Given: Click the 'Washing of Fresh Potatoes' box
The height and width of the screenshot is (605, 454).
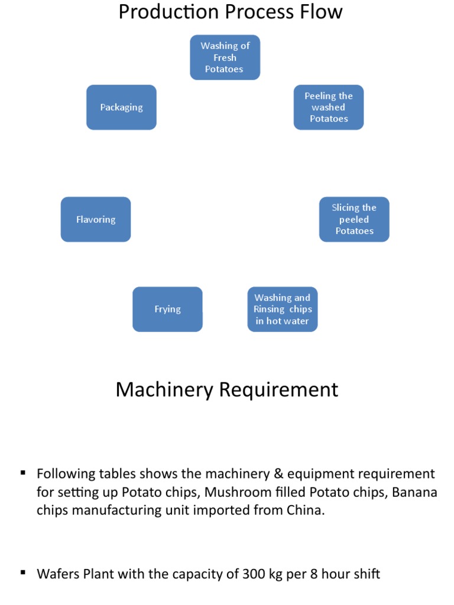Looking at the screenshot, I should (x=225, y=57).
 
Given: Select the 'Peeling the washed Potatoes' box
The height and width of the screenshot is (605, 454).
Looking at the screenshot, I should (x=329, y=108).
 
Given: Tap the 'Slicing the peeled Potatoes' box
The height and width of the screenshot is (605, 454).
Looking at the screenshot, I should (x=354, y=219).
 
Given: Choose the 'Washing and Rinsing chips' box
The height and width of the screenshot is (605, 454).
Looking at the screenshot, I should (x=282, y=310).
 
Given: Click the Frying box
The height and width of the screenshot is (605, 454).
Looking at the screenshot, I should (x=167, y=310).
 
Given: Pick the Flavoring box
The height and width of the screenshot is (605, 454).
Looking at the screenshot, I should (x=96, y=219).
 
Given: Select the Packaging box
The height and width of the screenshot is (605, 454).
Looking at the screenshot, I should (x=121, y=108).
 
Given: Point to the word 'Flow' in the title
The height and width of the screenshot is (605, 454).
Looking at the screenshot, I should (x=322, y=12).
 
